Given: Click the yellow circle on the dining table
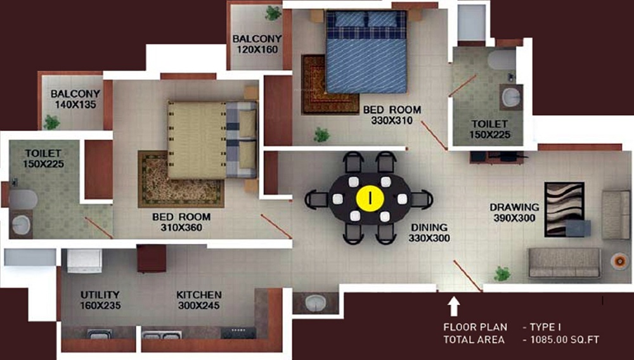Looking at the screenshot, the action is point(370,198).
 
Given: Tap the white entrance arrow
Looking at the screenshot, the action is point(454,306).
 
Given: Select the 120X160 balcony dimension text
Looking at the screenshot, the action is point(257,49).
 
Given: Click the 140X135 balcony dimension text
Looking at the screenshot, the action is point(75,104).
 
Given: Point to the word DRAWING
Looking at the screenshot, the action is point(514,207).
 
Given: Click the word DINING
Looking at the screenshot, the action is point(429,228).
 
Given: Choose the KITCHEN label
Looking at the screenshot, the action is point(199,295).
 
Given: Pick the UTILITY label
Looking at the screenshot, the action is point(100,295).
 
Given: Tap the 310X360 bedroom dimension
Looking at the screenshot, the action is point(181,228).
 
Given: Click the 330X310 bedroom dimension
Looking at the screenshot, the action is point(392,120).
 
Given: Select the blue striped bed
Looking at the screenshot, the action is point(366,52).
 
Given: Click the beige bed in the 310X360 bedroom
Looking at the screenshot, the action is point(212,140).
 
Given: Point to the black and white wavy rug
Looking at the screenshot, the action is point(564,209).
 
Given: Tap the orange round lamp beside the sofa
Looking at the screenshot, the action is point(619,261).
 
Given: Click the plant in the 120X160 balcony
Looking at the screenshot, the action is point(273,13).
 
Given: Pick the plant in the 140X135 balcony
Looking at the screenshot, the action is point(51,122).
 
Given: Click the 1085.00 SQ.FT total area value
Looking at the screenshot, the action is point(564,340).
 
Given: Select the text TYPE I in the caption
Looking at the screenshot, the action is point(545,327).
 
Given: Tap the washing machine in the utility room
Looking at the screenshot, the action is point(84,261).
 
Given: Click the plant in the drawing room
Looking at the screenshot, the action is point(501,274).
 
